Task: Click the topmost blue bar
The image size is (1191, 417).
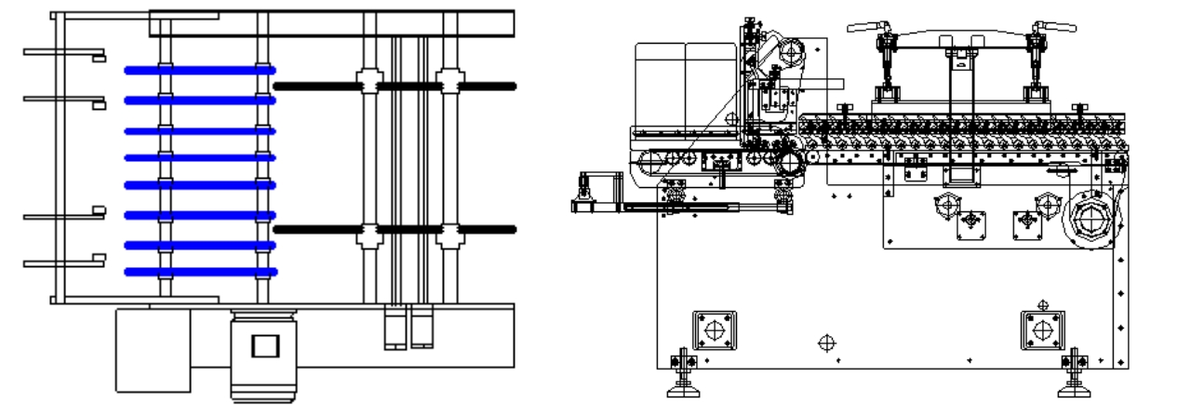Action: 200,70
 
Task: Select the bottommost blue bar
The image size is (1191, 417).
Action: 200,272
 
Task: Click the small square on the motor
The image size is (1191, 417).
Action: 265,346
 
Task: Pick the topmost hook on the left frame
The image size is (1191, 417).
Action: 65,54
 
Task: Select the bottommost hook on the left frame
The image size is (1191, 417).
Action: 65,263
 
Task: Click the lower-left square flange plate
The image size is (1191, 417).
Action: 714,330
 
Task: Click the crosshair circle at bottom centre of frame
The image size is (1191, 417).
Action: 825,343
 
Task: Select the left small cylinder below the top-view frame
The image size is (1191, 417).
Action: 395,328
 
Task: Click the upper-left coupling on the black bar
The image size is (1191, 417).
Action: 369,84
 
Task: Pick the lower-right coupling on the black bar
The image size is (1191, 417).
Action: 450,230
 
